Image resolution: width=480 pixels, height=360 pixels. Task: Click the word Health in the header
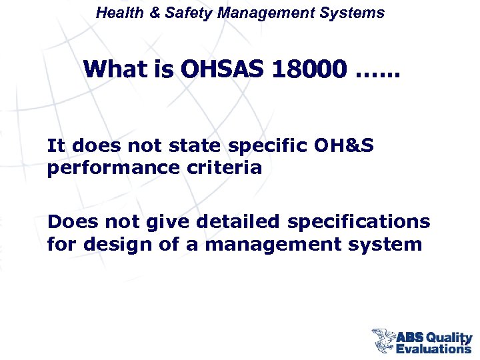coord(117,13)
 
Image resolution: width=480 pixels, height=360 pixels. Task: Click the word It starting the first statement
coord(55,145)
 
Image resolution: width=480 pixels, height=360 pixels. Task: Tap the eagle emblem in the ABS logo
coord(384,340)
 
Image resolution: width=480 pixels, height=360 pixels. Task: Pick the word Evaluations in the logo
coord(433,348)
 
